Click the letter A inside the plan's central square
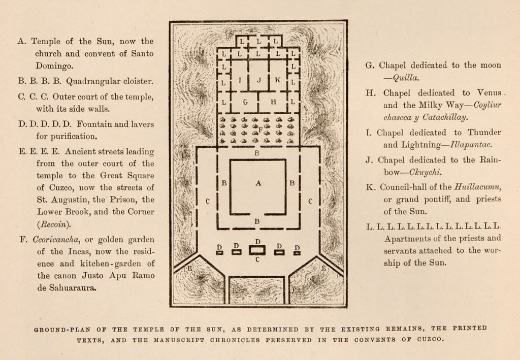click(x=258, y=184)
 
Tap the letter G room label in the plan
click(x=245, y=102)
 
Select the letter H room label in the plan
click(x=273, y=102)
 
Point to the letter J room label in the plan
click(x=259, y=80)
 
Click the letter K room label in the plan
click(x=277, y=80)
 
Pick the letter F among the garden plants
click(x=260, y=130)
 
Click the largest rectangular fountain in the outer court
click(x=258, y=250)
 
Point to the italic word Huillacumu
click(x=478, y=186)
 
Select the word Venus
click(x=489, y=93)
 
